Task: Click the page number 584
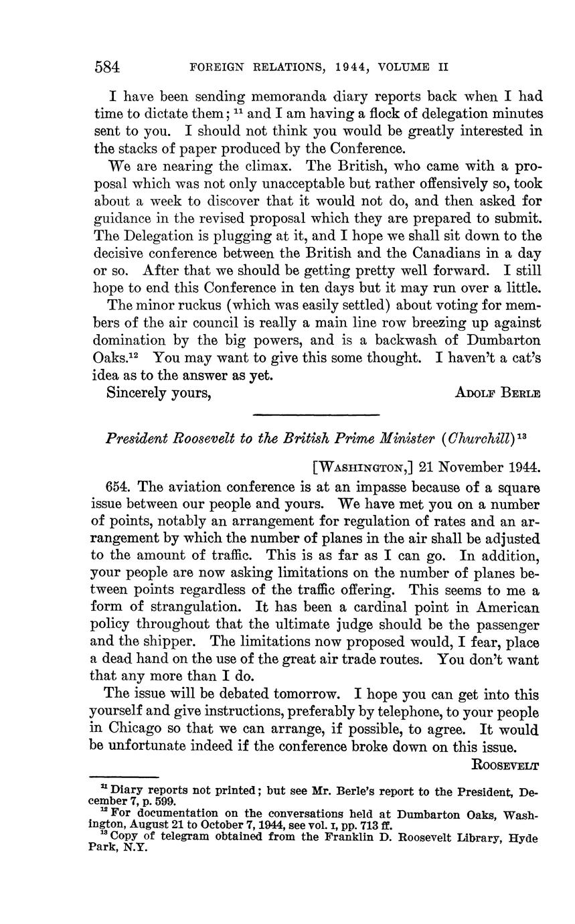click(x=107, y=67)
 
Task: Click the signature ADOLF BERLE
click(x=497, y=393)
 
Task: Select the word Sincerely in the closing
click(x=137, y=393)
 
